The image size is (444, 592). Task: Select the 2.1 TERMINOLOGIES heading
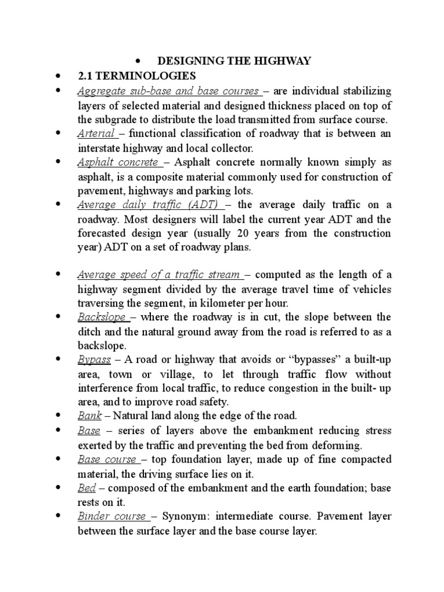point(136,76)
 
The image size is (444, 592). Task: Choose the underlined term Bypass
point(94,360)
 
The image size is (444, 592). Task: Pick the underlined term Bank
point(90,416)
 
